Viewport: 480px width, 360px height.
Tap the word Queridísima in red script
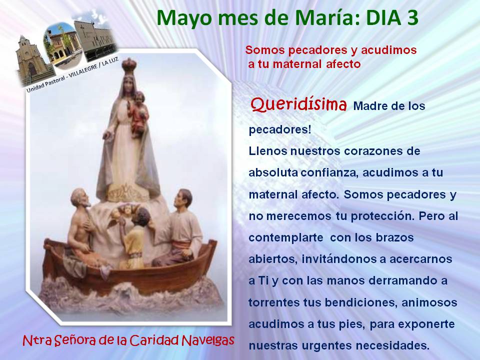click(x=299, y=104)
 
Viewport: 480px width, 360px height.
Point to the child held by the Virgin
click(x=139, y=113)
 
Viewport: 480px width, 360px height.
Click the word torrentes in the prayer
click(x=274, y=303)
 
